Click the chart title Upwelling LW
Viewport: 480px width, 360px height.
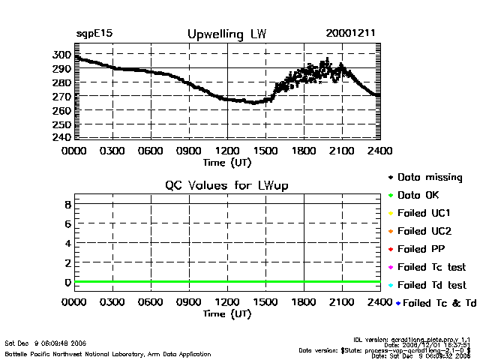225,34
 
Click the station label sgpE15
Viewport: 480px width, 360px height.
94,34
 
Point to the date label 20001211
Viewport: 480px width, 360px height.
351,34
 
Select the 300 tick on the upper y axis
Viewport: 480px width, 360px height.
61,55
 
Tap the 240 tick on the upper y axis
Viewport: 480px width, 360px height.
61,138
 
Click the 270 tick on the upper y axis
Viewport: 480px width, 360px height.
61,97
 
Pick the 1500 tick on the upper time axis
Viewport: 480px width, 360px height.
265,150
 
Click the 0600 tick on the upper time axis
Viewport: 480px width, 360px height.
151,150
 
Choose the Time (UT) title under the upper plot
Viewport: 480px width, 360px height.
226,162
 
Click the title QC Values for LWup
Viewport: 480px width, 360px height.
226,185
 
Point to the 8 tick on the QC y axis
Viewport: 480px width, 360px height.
67,204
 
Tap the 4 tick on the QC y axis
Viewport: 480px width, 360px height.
67,243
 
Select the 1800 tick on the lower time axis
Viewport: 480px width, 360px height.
304,302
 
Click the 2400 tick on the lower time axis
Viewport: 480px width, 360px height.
379,302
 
